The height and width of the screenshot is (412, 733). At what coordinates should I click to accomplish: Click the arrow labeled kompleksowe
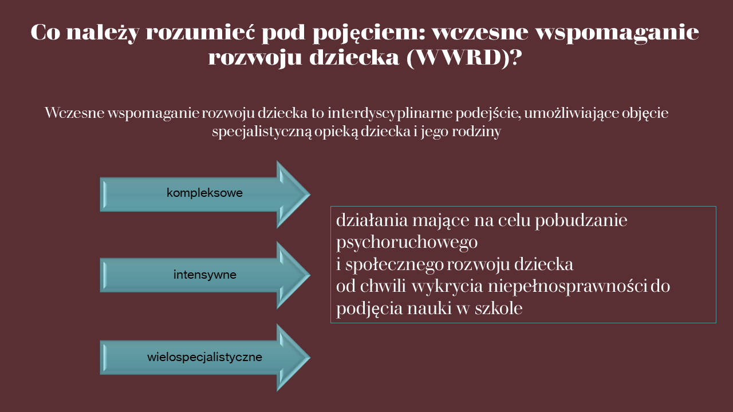tap(205, 194)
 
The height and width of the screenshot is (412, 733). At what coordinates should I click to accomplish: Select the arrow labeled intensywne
tap(205, 275)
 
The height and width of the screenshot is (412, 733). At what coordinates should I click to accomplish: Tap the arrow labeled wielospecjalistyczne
tap(205, 358)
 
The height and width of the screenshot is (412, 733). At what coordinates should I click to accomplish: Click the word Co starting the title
tap(45, 32)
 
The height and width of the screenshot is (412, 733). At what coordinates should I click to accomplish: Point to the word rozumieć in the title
tap(200, 33)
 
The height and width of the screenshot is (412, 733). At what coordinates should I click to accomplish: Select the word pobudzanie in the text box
tap(581, 220)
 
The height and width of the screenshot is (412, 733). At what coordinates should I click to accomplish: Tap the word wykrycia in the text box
tap(447, 287)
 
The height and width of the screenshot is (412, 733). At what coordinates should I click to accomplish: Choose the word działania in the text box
tap(372, 221)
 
